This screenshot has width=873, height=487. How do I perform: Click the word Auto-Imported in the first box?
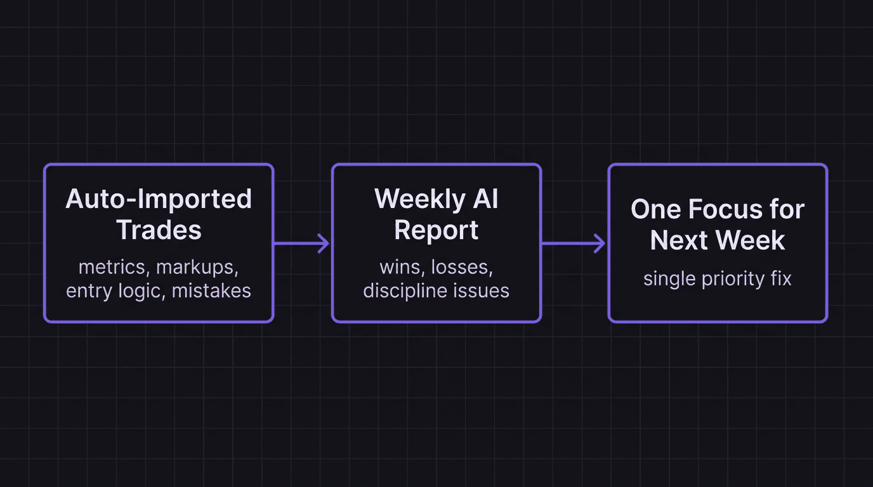(159, 199)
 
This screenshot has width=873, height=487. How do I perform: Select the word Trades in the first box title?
(159, 230)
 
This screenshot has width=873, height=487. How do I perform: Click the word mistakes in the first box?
(212, 290)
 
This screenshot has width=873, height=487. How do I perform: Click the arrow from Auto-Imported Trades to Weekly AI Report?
(302, 243)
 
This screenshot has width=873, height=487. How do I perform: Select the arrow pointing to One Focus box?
(574, 243)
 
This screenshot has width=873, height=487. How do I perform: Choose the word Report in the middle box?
(436, 230)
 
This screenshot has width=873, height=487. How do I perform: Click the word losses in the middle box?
(462, 267)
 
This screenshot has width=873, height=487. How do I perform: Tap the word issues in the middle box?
(485, 290)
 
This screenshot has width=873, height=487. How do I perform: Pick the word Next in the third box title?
(680, 240)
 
